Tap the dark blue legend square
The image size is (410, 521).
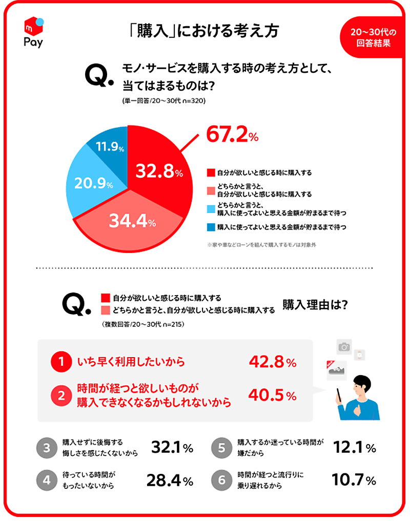(211, 226)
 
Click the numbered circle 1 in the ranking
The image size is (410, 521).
(61, 363)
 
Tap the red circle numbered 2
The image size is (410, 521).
(61, 395)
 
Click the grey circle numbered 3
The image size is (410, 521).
(47, 448)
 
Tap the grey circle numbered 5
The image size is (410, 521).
(222, 448)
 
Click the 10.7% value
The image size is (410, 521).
(354, 481)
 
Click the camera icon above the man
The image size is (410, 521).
(344, 347)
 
